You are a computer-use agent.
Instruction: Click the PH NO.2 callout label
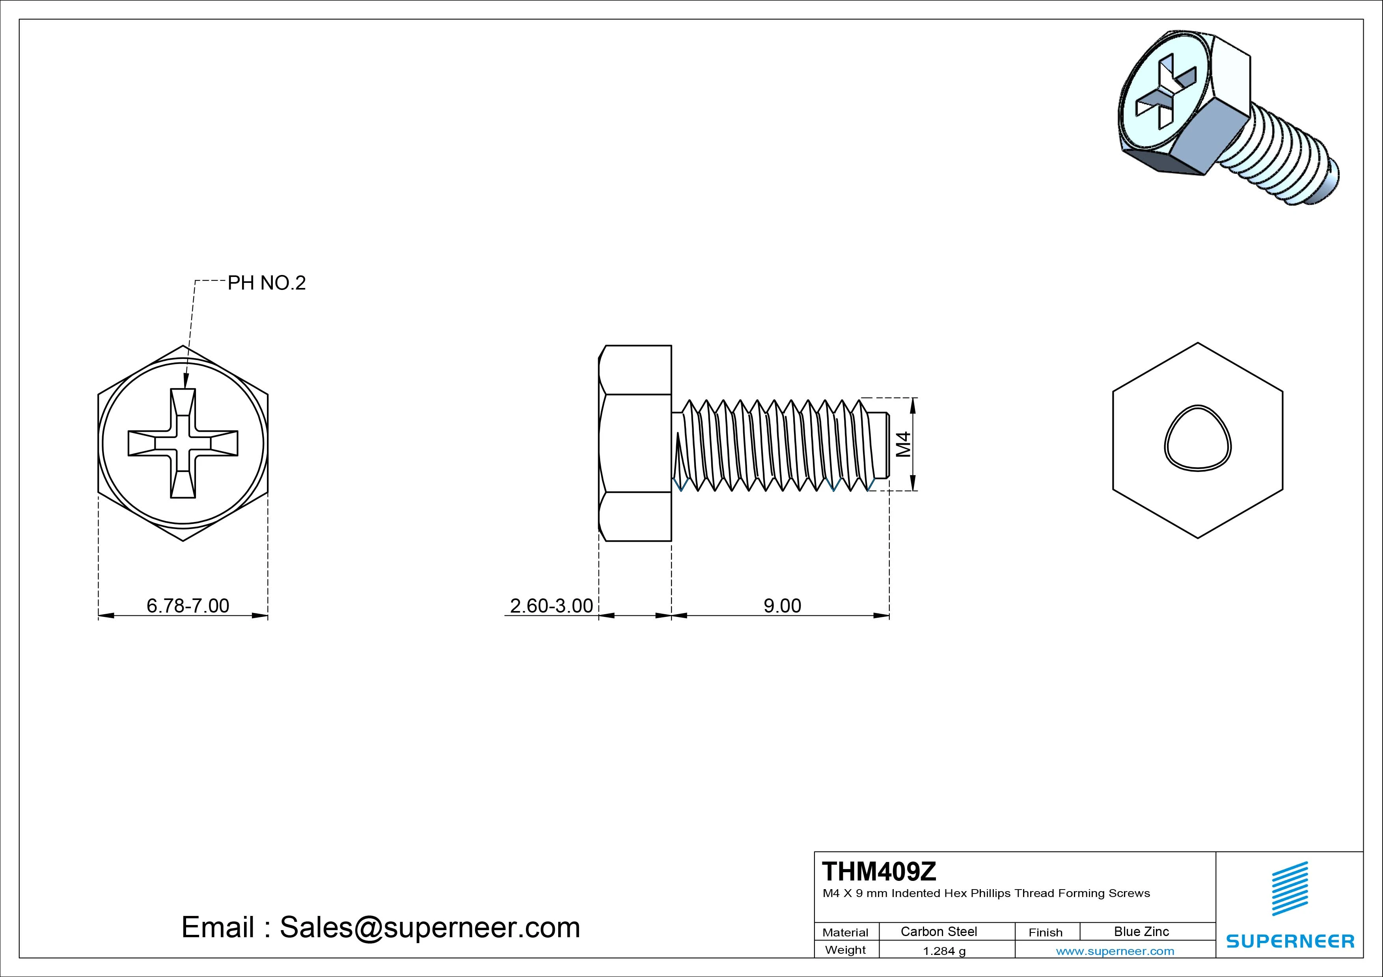[266, 283]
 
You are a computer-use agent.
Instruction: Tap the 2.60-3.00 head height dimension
[551, 606]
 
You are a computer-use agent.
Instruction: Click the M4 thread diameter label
[904, 444]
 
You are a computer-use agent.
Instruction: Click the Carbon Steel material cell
[938, 931]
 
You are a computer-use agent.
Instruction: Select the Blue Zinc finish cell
[1141, 931]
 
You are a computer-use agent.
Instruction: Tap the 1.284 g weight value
[944, 951]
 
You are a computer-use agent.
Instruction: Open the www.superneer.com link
[1115, 951]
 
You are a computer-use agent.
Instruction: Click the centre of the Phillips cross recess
[183, 443]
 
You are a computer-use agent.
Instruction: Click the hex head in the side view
[636, 443]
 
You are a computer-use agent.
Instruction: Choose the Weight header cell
[845, 950]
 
